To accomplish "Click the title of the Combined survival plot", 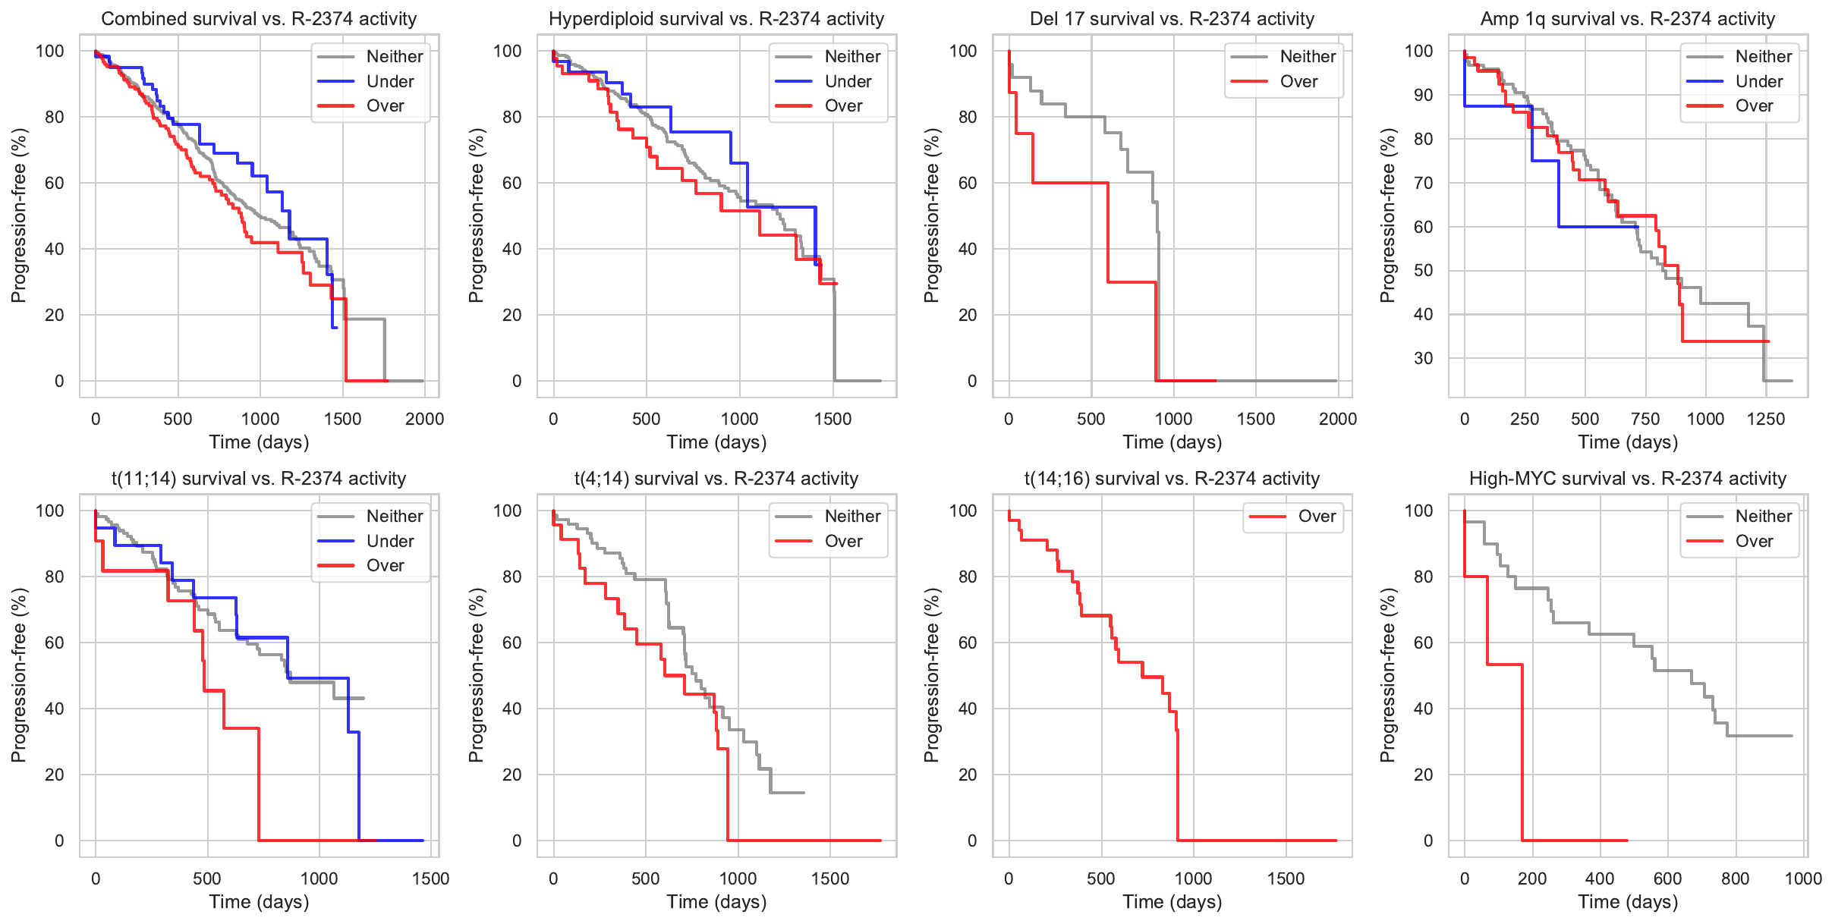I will pos(259,19).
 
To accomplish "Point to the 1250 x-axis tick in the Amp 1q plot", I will pos(1765,419).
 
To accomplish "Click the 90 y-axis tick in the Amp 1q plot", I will pos(1418,95).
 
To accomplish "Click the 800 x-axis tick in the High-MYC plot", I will pos(1735,878).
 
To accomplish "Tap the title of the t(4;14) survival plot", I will pos(716,479).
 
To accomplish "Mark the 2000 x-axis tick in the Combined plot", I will pos(424,419).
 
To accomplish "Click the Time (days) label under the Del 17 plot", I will pos(1172,442).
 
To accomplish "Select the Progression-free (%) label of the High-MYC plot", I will pos(1387,675).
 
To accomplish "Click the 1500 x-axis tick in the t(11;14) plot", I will pos(430,878).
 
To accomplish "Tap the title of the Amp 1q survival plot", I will pos(1627,19).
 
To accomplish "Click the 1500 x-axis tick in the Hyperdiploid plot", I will pos(833,419).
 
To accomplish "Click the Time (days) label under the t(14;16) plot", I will pos(1172,902).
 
